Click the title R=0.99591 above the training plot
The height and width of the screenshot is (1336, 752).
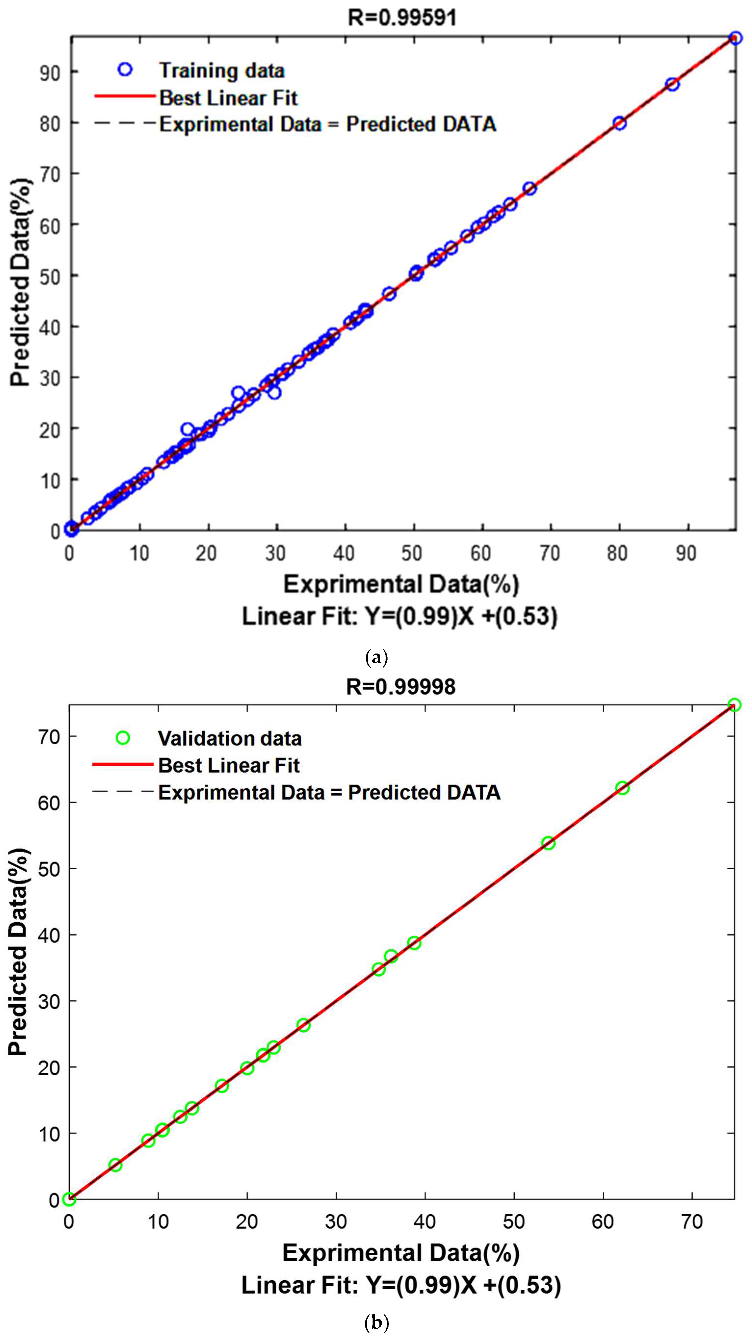(x=402, y=18)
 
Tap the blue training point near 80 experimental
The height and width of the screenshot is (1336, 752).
(x=619, y=123)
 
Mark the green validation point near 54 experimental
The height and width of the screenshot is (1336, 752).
(x=548, y=843)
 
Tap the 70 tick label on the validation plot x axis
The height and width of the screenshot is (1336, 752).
(x=692, y=1222)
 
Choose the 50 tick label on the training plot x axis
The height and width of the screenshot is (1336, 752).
(x=412, y=554)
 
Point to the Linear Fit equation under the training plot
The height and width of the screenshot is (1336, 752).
(x=399, y=617)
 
